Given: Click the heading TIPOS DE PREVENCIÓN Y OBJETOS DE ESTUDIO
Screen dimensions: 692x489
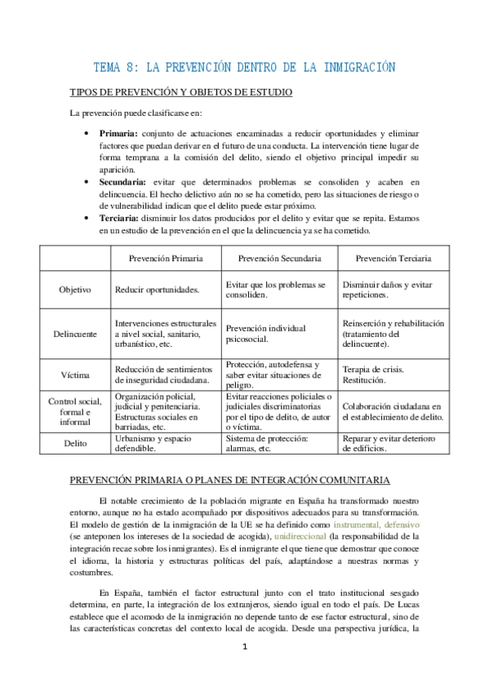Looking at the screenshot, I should tap(181, 93).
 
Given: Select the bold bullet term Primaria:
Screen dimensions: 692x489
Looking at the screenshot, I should tap(118, 134).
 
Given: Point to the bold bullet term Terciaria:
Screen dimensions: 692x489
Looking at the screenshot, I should tap(121, 218).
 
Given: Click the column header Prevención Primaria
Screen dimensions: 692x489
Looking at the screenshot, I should tap(167, 258).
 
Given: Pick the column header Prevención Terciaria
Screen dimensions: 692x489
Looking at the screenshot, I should tap(393, 258).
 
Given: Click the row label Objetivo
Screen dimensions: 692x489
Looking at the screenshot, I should tap(75, 290).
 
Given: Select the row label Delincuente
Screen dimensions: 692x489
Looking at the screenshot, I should tap(75, 334).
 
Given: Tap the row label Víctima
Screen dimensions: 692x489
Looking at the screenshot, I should tap(75, 375).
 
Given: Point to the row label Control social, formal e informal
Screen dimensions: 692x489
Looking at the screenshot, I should tap(75, 411).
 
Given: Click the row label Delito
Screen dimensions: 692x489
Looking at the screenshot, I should tap(75, 443).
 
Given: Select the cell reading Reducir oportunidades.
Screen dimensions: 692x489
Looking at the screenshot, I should tap(158, 290).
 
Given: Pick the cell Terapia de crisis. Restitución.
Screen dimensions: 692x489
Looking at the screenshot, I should tap(374, 375).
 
